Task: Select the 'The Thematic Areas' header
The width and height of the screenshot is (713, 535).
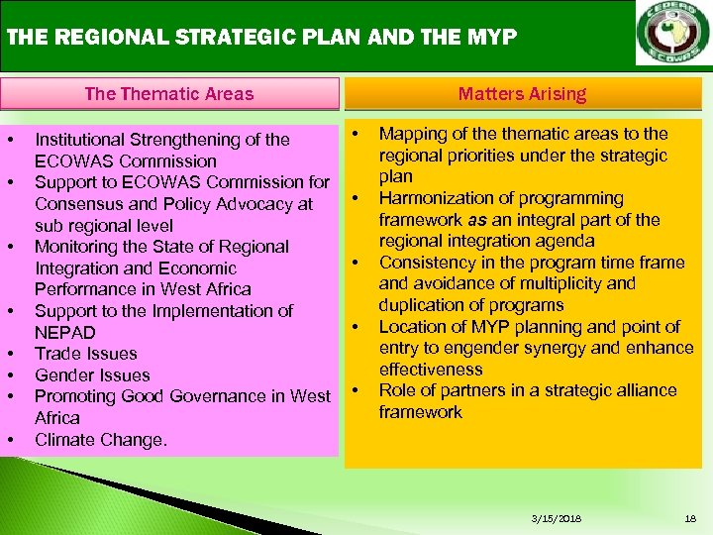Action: click(x=168, y=94)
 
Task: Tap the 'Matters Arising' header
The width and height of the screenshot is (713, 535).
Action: click(x=522, y=94)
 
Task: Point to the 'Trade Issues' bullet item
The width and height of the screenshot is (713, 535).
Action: click(x=86, y=354)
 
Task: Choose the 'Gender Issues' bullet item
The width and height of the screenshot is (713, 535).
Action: click(x=92, y=374)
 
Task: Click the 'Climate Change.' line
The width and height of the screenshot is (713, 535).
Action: click(x=100, y=439)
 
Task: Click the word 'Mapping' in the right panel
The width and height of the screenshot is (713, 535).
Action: click(x=412, y=134)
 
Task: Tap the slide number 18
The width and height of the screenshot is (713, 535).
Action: click(x=689, y=518)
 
